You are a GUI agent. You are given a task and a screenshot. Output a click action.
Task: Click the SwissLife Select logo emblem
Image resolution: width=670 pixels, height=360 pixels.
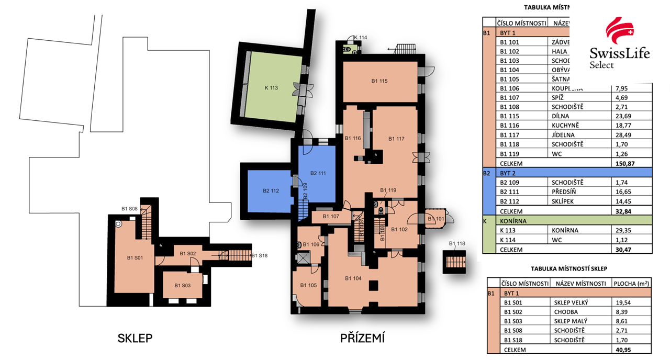620,31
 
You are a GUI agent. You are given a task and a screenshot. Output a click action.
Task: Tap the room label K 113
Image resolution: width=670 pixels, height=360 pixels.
271,88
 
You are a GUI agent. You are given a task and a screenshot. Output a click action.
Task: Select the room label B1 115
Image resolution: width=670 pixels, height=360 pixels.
379,81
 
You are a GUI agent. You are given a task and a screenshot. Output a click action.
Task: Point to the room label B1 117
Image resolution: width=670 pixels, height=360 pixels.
397,139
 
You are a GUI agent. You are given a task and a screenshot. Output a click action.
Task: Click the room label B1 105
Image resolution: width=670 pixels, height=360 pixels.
309,285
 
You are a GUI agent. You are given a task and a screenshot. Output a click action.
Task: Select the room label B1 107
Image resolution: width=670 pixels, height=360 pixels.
331,216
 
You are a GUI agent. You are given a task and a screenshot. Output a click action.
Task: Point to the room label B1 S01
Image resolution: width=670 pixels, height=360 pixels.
136,257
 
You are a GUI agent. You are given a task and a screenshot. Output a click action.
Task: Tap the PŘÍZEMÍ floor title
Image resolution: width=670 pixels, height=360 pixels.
362,338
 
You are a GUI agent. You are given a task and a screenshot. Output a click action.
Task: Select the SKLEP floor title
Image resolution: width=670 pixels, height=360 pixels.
135,338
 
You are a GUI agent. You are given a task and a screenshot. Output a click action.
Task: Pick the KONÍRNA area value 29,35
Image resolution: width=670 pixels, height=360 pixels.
621,230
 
